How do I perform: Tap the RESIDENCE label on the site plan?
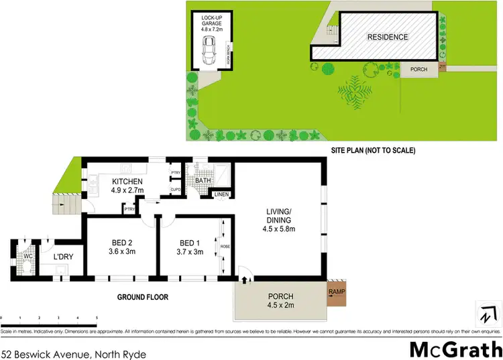pyautogui.click(x=387, y=38)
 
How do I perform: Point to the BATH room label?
pyautogui.click(x=203, y=181)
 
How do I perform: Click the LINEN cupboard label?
pyautogui.click(x=221, y=194)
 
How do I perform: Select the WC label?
pyautogui.click(x=28, y=255)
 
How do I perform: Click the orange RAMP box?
pyautogui.click(x=337, y=292)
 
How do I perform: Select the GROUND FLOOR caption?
pyautogui.click(x=143, y=297)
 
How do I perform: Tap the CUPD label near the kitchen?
pyautogui.click(x=175, y=190)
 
